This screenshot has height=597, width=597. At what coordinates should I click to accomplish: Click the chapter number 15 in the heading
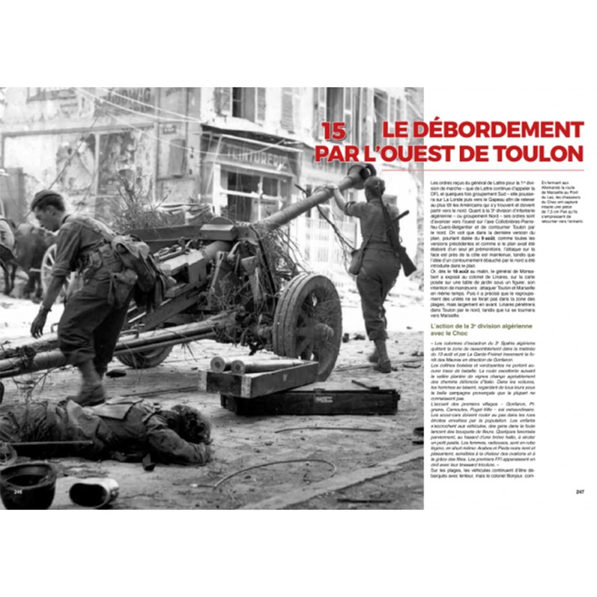click(334, 130)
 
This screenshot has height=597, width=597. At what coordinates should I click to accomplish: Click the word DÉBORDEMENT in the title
click(483, 130)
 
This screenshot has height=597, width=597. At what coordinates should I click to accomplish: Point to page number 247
click(580, 492)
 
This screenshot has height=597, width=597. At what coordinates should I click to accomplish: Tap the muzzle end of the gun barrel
click(360, 175)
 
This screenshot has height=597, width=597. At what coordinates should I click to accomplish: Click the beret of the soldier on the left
click(46, 199)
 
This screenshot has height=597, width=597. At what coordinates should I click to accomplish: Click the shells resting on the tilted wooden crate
click(232, 364)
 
